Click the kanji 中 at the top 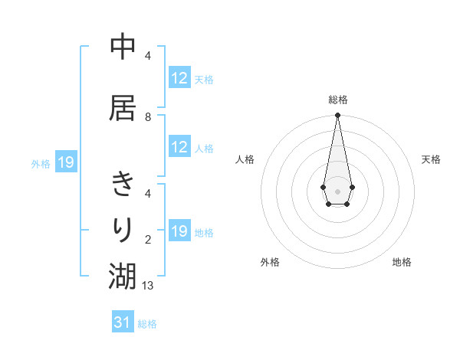123,47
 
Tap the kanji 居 123,108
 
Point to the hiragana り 123,229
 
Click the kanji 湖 123,276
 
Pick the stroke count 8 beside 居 148,117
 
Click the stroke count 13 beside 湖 149,285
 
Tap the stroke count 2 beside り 148,240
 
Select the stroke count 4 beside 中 148,56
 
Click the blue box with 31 123,322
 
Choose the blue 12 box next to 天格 179,78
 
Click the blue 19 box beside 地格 179,231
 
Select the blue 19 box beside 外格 66,162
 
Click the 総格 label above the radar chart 337,100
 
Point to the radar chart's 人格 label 245,159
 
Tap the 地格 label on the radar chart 402,262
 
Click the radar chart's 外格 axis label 270,262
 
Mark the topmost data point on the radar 337,116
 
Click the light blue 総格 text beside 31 147,324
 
